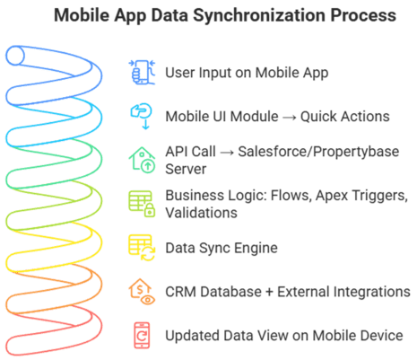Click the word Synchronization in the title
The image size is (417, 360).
point(259,16)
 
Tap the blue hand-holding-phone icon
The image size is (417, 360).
point(142,72)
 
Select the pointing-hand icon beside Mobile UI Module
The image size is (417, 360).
point(142,116)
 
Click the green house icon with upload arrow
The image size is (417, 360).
point(142,160)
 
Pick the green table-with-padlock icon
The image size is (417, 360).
point(142,204)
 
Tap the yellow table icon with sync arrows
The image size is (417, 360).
point(142,248)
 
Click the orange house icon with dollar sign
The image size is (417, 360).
point(142,292)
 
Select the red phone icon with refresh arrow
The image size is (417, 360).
point(142,336)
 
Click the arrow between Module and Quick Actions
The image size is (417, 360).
point(290,118)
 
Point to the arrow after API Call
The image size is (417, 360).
point(227,153)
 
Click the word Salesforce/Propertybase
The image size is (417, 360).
point(318,152)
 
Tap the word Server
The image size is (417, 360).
point(186,169)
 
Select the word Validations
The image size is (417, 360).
point(201,213)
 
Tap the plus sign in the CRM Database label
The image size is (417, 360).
point(269,292)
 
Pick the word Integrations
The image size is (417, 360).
point(343,292)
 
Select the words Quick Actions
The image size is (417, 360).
point(345,117)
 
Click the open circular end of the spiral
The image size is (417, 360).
point(15,56)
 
